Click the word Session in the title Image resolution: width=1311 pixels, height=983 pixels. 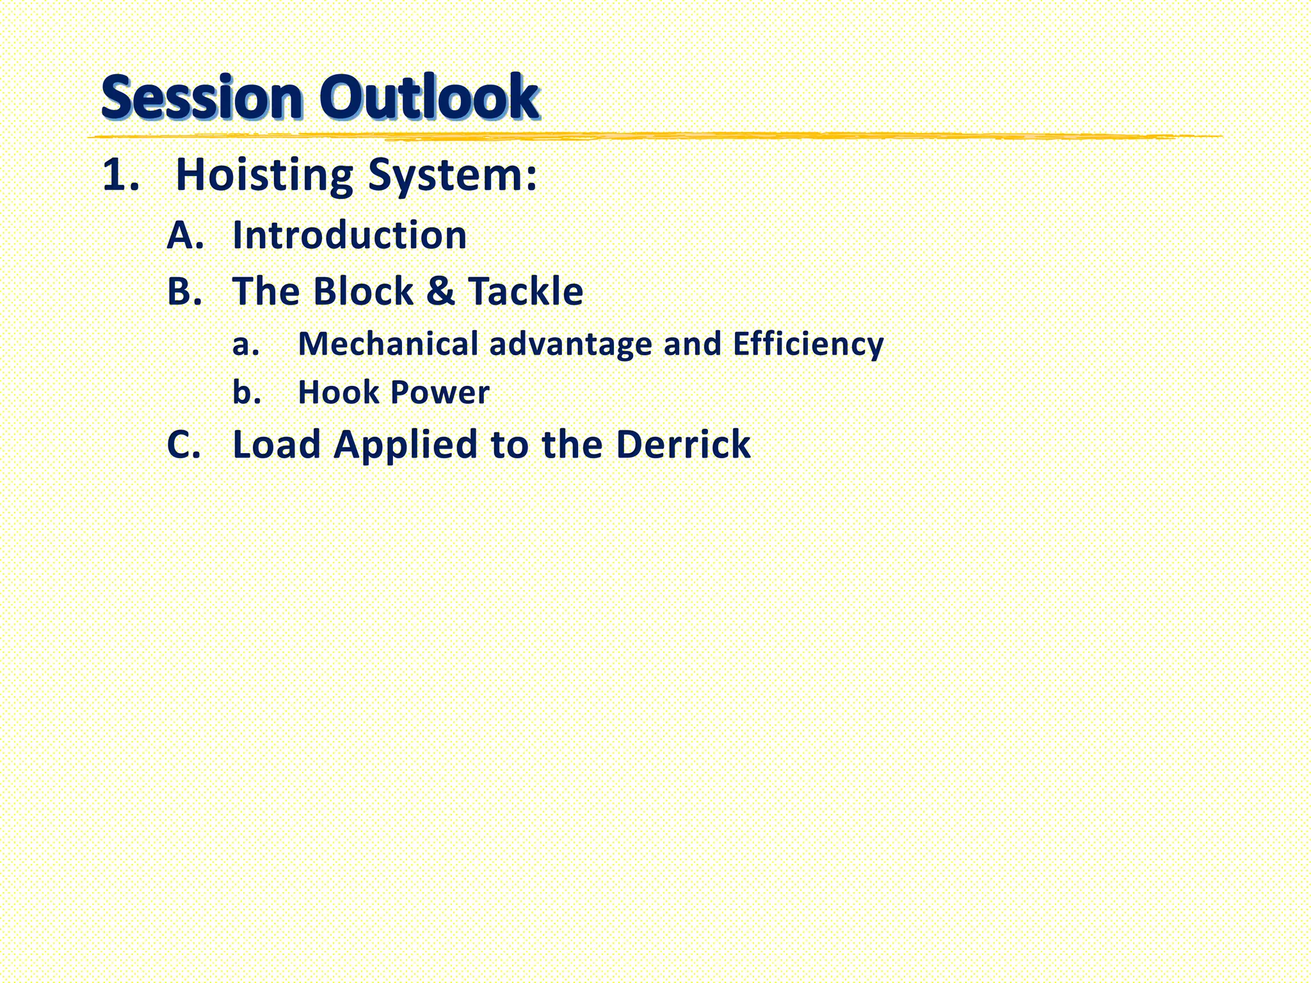201,97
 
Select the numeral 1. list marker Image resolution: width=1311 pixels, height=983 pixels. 120,175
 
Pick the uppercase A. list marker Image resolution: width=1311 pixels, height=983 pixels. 185,235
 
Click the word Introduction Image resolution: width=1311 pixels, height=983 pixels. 350,235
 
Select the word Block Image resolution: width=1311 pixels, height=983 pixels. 363,291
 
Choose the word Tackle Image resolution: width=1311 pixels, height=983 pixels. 526,291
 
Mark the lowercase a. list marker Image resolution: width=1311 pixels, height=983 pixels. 246,344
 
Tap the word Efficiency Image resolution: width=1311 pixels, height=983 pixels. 808,345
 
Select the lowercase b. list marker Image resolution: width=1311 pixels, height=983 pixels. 246,392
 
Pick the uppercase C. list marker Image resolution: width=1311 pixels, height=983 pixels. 184,444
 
